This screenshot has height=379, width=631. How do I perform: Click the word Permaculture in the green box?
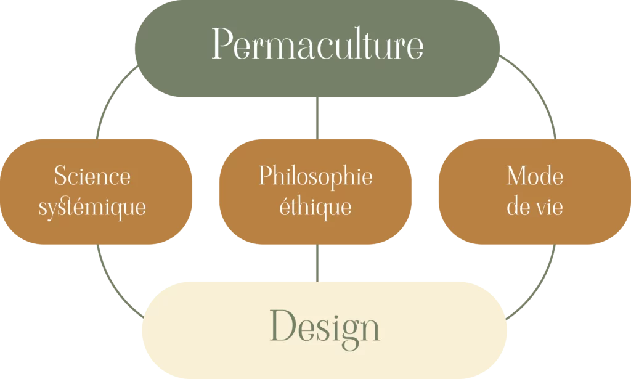coord(317,44)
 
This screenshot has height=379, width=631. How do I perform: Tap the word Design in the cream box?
coord(324,327)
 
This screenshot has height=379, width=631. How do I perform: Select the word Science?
coord(92,176)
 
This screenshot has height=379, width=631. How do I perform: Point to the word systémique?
coord(92,207)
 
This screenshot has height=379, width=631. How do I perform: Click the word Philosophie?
coord(315,176)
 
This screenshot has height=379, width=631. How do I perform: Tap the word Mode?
coord(534,176)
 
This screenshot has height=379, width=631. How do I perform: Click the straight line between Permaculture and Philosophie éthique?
coord(317,118)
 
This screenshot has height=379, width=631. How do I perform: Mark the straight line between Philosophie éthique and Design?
coord(317,263)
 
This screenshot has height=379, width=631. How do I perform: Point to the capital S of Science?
coord(60,176)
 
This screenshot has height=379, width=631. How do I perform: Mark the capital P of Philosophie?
coord(265,176)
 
